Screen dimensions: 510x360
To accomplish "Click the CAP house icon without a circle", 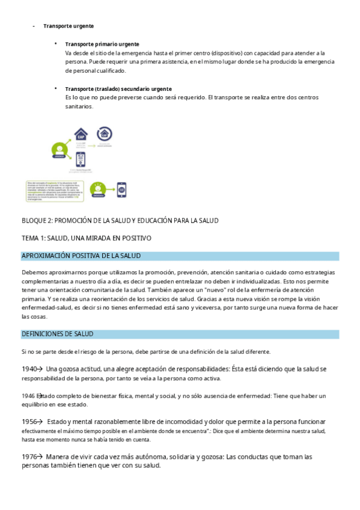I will (x=80, y=135).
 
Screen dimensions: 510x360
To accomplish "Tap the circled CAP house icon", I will (x=104, y=134).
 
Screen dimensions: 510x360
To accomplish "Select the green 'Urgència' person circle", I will (x=59, y=150).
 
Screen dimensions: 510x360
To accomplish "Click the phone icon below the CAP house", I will (x=80, y=159).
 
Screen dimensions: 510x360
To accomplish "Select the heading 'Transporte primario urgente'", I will (x=102, y=45).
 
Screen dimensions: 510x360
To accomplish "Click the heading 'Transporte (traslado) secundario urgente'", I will (x=118, y=89).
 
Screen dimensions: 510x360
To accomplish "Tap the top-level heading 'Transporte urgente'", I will (x=68, y=26).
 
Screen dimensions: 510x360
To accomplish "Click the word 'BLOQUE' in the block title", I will (x=34, y=221).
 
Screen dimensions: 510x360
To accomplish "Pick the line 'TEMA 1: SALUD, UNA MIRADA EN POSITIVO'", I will (x=87, y=238).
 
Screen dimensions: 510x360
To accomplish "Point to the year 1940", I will (x=29, y=369).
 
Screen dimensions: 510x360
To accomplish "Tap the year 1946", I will (x=28, y=396).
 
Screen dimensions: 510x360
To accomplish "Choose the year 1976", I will (x=29, y=457).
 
